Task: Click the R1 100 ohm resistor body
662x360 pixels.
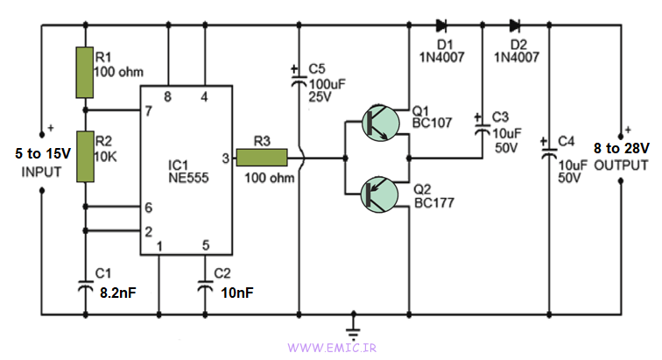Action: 84,73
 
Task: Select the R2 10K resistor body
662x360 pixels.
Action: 84,157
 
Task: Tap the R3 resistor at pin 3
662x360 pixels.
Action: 262,158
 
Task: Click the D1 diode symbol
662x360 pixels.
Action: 440,25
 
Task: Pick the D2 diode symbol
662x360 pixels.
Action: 513,25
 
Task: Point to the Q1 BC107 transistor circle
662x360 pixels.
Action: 378,123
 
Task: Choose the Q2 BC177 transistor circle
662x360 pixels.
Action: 378,194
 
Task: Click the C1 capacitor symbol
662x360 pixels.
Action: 84,286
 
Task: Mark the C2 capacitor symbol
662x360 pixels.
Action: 205,286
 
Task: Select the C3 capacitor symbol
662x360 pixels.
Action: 482,129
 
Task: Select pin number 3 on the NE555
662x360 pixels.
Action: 225,158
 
